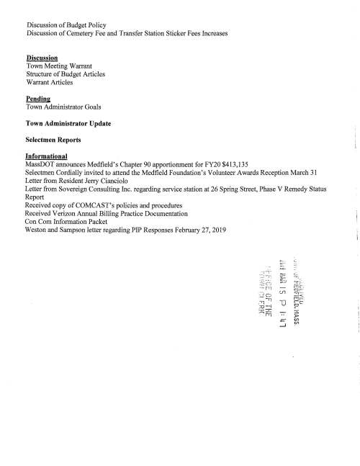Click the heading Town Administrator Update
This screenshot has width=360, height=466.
pyautogui.click(x=68, y=123)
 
